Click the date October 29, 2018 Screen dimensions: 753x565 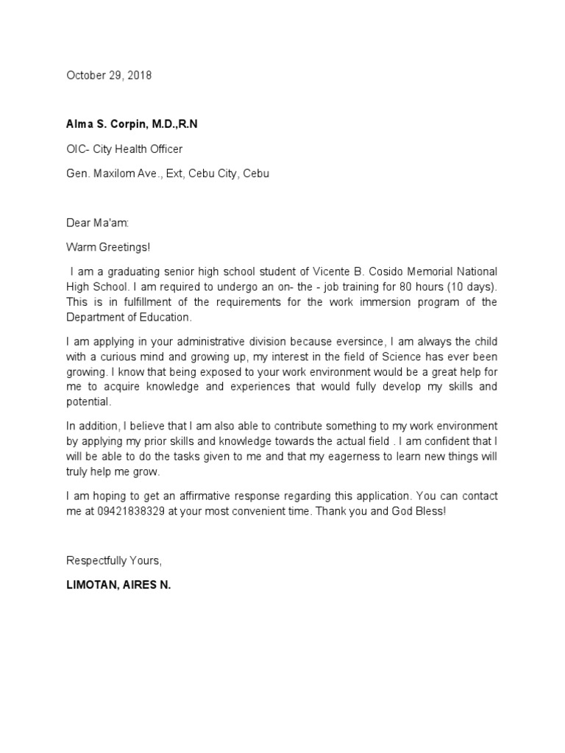[109, 76]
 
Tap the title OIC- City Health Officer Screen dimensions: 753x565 [124, 149]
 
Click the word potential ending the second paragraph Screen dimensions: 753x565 [88, 402]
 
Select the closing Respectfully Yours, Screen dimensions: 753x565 [113, 560]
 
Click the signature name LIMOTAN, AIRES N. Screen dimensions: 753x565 [118, 588]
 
